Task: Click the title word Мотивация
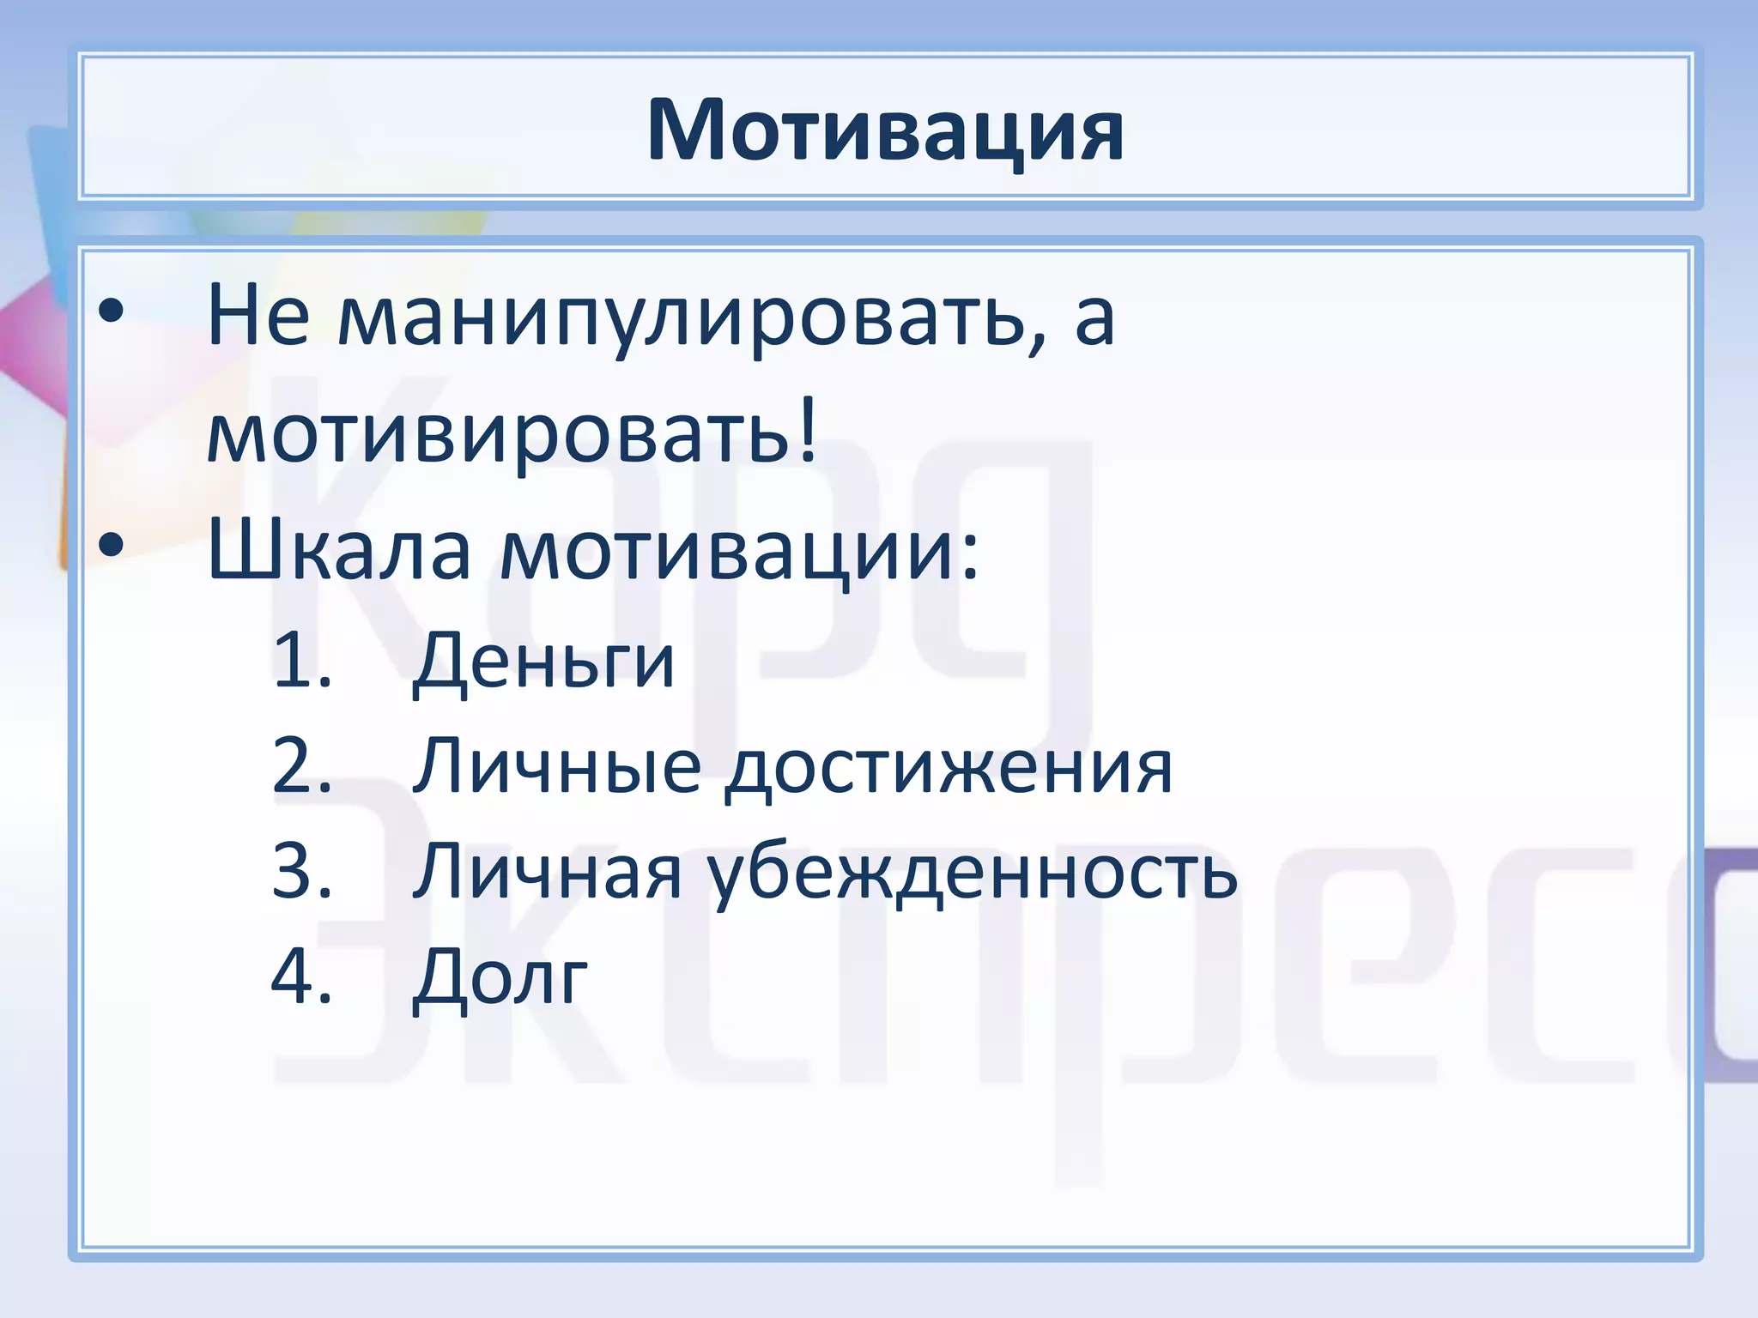(x=885, y=130)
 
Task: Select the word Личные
(x=557, y=766)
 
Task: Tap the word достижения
(x=949, y=768)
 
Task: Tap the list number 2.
(x=301, y=765)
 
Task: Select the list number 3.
(x=301, y=871)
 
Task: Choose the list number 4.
(x=301, y=976)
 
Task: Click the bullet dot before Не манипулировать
(x=111, y=314)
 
